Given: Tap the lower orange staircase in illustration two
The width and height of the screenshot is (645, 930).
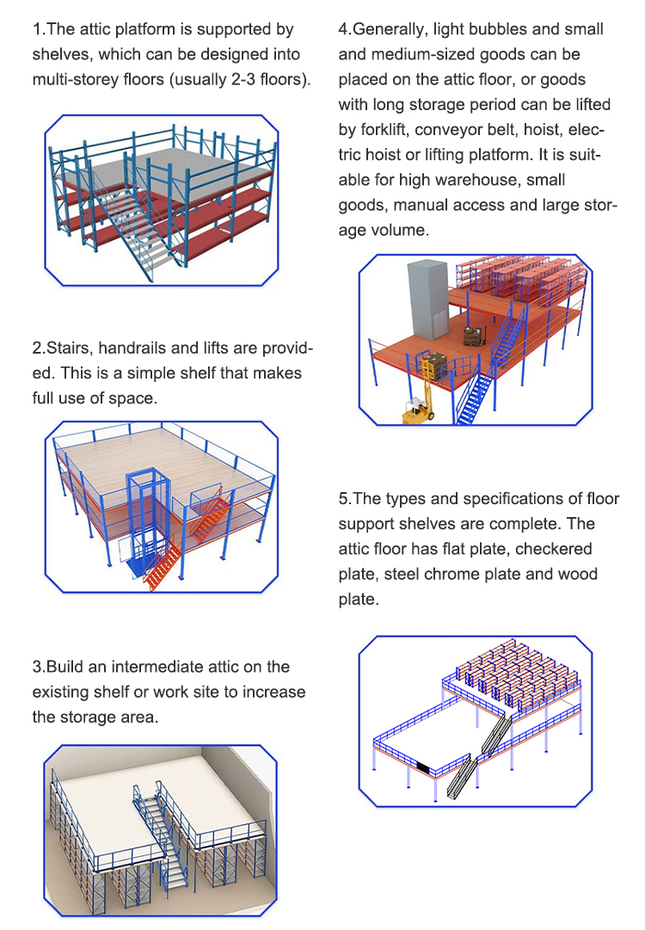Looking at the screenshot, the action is point(163,566).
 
